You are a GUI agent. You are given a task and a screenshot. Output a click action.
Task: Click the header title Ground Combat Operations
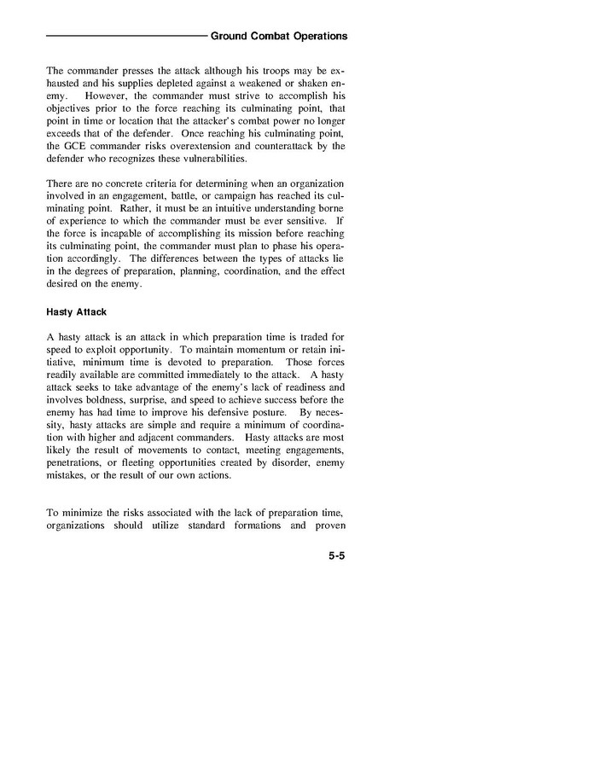(x=278, y=37)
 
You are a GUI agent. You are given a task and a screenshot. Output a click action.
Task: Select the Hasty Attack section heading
(x=77, y=311)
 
